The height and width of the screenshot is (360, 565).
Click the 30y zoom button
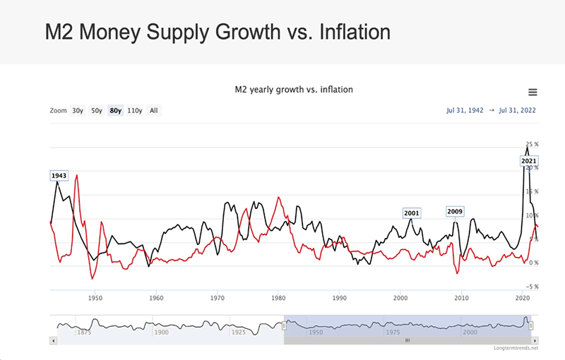tap(78, 110)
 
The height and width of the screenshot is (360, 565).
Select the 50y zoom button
tap(97, 110)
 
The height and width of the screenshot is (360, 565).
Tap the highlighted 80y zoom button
tap(115, 110)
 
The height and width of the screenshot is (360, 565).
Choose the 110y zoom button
tap(134, 110)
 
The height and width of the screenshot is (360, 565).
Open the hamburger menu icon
tap(533, 92)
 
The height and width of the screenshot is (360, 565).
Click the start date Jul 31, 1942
tap(465, 110)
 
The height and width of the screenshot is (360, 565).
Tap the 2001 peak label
tap(411, 213)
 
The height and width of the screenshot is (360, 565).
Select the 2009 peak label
tap(454, 211)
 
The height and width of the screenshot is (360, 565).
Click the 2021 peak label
tap(528, 161)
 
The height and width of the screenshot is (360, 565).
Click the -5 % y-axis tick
tap(533, 287)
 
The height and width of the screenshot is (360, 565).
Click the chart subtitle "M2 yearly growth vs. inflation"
tap(293, 90)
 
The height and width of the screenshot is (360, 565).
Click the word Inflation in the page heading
tap(351, 32)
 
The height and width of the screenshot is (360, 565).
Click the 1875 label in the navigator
tap(85, 332)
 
